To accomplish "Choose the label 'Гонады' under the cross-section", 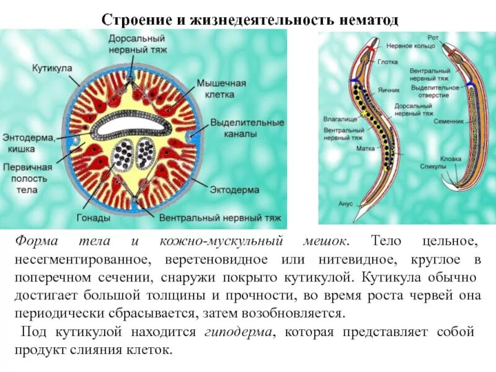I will (x=94, y=218).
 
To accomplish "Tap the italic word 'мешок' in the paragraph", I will (x=327, y=239).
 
